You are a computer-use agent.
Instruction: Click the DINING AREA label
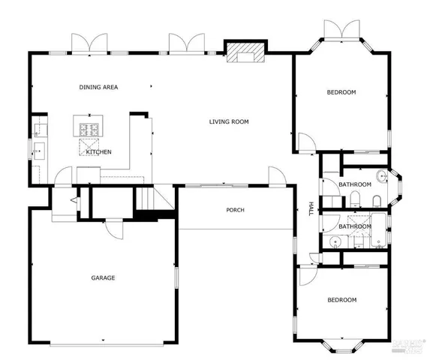[98, 88]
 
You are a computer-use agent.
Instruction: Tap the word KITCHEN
[98, 152]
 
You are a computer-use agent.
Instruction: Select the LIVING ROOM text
[229, 121]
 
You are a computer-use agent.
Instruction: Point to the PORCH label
[235, 210]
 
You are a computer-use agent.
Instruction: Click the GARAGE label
[103, 278]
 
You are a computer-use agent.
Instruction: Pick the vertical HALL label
[312, 208]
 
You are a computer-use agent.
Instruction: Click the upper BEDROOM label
[341, 92]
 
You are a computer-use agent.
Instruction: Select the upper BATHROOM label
[354, 184]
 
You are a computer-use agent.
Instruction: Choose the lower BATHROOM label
[354, 226]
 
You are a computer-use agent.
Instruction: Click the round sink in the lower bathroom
[335, 241]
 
